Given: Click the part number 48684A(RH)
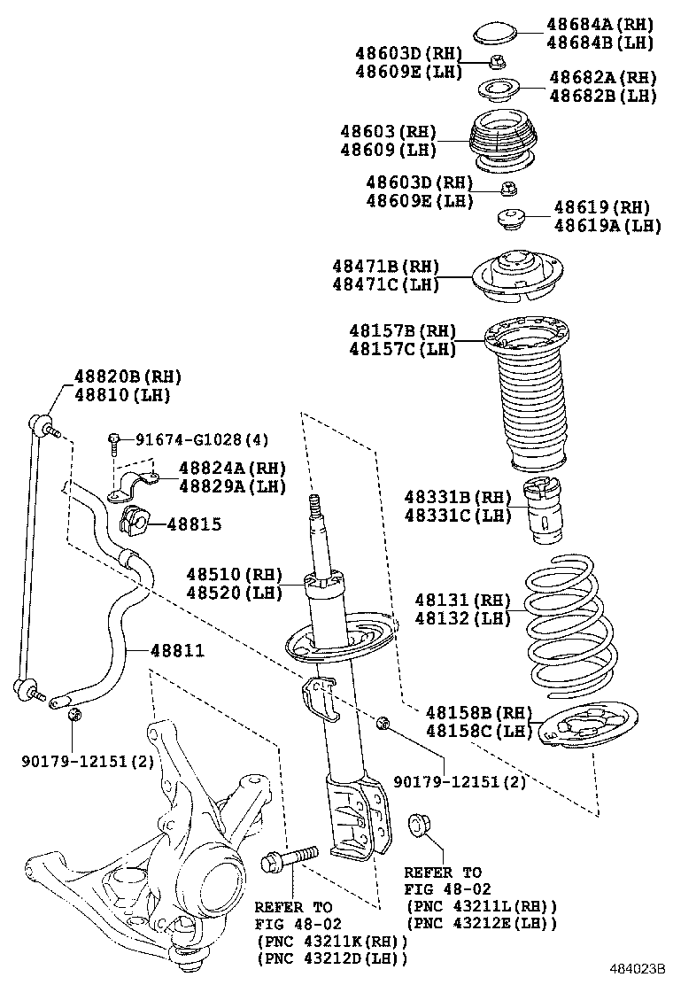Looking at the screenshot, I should (600, 25).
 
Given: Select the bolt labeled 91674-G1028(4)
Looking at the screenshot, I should (115, 442).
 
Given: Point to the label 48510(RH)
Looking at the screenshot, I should (234, 574).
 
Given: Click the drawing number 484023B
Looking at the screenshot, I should (636, 972).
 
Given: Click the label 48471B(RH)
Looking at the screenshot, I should (386, 266).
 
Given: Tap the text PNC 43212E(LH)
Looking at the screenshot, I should (482, 922).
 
